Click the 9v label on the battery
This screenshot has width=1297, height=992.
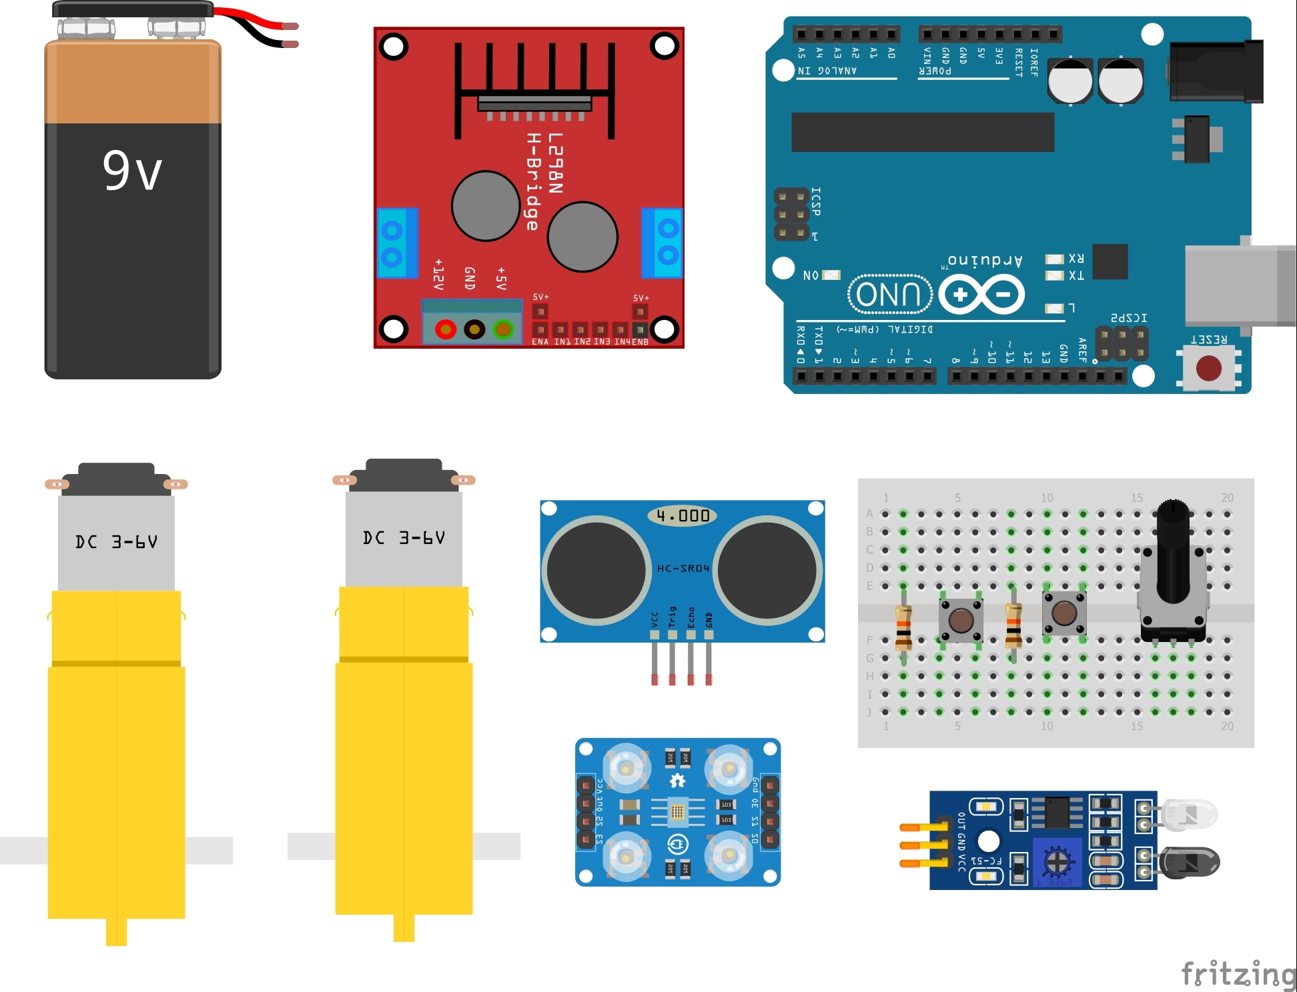pos(132,171)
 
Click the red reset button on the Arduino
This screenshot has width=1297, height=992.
pos(1208,368)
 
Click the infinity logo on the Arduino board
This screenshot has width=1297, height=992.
pos(981,294)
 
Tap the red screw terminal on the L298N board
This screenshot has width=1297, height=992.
pos(445,329)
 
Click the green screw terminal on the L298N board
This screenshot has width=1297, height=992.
pos(503,329)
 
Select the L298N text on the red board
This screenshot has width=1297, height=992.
pos(555,163)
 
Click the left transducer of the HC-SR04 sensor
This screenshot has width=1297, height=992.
pos(596,570)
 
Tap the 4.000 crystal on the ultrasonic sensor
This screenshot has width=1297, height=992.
pos(682,515)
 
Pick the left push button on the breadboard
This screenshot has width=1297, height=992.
pos(961,620)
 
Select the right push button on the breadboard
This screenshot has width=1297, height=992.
pos(1064,613)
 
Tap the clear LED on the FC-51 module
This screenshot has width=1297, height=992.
pos(1190,814)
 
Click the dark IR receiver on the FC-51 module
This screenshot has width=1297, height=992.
pos(1190,863)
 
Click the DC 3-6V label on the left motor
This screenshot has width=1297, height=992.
pos(116,541)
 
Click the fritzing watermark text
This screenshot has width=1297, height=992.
pos(1238,973)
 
